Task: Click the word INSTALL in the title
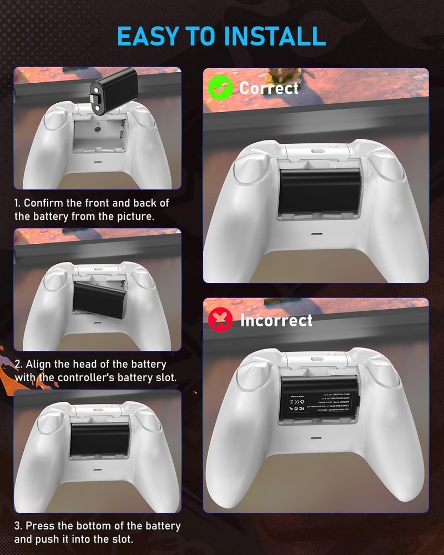point(275,36)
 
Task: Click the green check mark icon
point(220,88)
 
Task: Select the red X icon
point(220,320)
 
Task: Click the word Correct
point(269,88)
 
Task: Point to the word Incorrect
point(276,320)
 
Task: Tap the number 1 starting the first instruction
point(17,203)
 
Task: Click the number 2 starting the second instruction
point(18,365)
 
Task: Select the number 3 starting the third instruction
point(18,526)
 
